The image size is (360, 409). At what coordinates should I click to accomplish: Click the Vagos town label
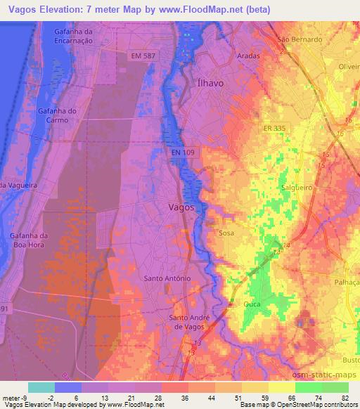[181, 208]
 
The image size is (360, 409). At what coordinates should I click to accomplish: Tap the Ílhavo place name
[208, 83]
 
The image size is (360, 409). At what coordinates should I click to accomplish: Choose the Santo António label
[167, 278]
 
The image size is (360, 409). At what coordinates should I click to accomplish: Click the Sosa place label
[226, 233]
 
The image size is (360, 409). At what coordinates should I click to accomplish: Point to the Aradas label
[247, 56]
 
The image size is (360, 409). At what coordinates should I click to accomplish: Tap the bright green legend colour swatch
[308, 387]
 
